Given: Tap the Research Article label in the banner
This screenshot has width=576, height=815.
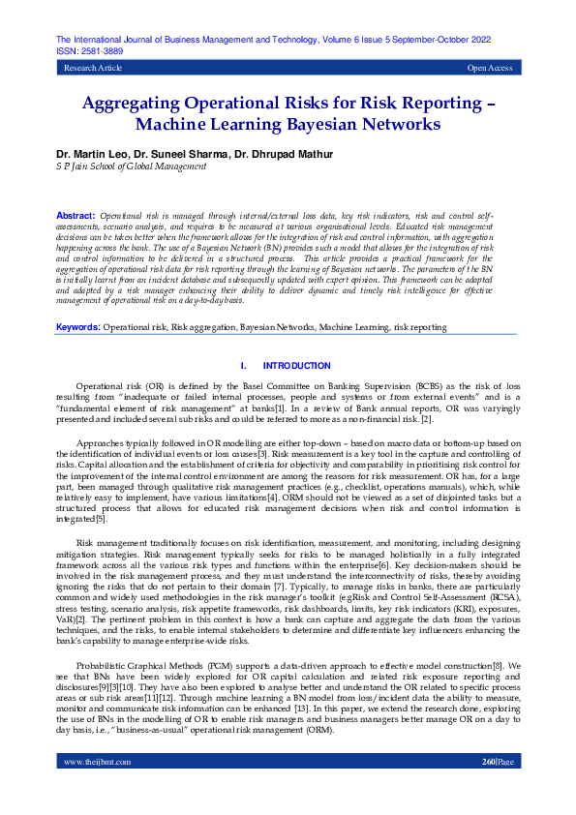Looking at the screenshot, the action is point(93,68).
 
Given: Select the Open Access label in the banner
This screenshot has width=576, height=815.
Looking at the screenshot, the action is point(489,68).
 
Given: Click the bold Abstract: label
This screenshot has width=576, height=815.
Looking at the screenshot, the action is point(76,215).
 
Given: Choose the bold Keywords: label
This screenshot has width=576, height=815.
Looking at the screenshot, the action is point(77,328).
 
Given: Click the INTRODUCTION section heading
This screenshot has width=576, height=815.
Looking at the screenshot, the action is point(297,366).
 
